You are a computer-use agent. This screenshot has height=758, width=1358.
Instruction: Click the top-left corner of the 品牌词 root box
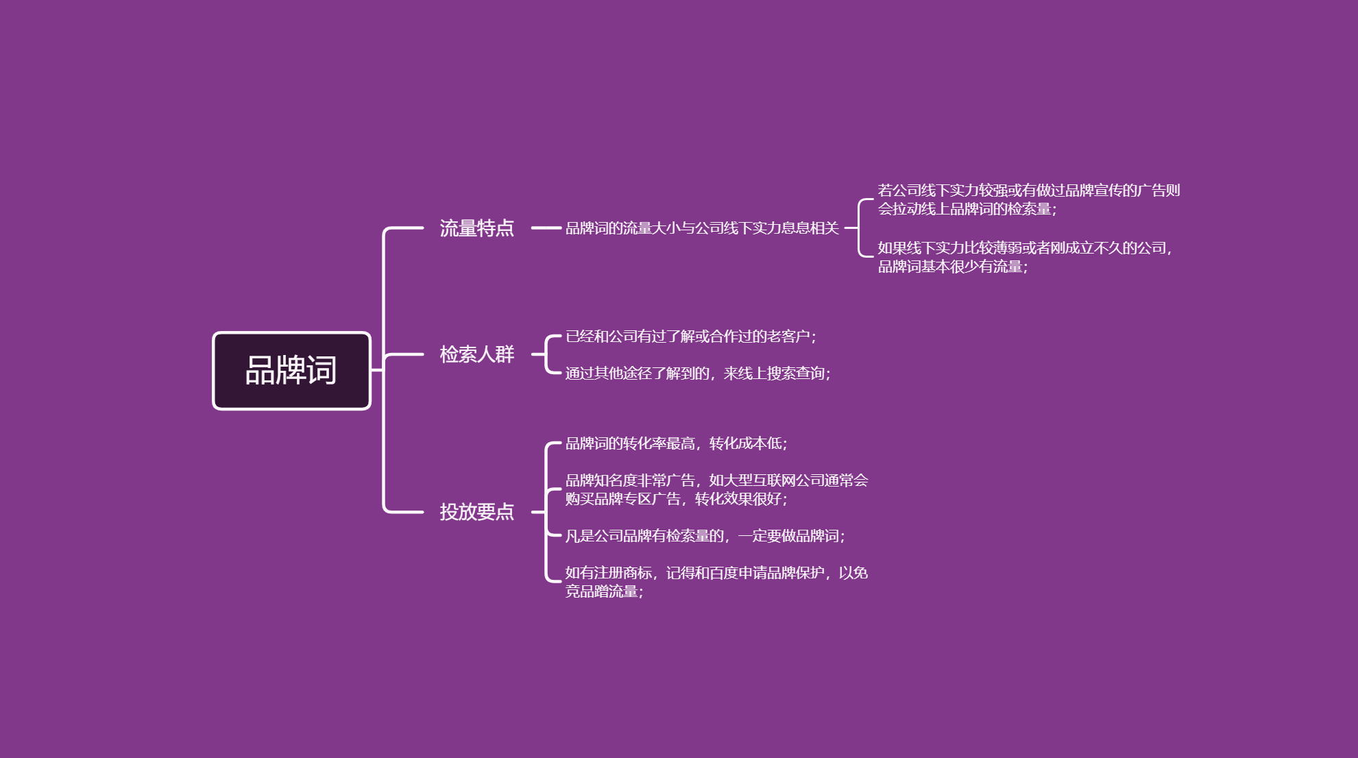tap(213, 332)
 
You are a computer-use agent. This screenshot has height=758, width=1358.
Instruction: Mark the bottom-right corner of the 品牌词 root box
tap(371, 410)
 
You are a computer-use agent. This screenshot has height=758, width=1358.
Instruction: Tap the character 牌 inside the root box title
tap(291, 370)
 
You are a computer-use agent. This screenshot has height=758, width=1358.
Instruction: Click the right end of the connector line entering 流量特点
tap(423, 228)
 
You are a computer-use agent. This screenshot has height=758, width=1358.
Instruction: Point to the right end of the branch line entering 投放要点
tap(423, 511)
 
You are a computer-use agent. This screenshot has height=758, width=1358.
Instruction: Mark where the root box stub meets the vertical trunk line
tap(383, 370)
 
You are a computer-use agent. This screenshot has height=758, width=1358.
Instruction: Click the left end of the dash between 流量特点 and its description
tap(532, 228)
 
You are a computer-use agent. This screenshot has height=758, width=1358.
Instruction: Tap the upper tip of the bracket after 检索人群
tap(561, 337)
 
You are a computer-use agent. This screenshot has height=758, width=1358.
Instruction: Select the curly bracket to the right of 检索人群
tap(546, 354)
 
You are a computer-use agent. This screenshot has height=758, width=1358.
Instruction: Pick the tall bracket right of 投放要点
tap(546, 511)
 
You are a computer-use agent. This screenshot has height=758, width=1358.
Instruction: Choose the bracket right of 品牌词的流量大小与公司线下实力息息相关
tap(858, 228)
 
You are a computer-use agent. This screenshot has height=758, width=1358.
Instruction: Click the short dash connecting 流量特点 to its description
tap(546, 228)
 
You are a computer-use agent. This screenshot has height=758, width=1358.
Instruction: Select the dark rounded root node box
tap(292, 371)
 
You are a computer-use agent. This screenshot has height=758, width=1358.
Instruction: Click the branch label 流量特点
tap(477, 228)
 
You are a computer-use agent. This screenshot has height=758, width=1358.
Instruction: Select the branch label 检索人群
tap(477, 354)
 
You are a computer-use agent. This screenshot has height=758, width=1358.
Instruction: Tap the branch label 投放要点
tap(477, 512)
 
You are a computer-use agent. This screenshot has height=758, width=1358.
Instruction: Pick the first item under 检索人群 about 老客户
tap(691, 337)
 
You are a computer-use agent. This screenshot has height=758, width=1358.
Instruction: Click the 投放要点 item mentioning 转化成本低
tap(677, 443)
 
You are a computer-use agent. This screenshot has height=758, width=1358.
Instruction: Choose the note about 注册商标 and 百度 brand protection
tap(717, 582)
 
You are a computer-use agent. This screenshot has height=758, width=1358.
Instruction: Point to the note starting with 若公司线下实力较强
tap(1029, 199)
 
